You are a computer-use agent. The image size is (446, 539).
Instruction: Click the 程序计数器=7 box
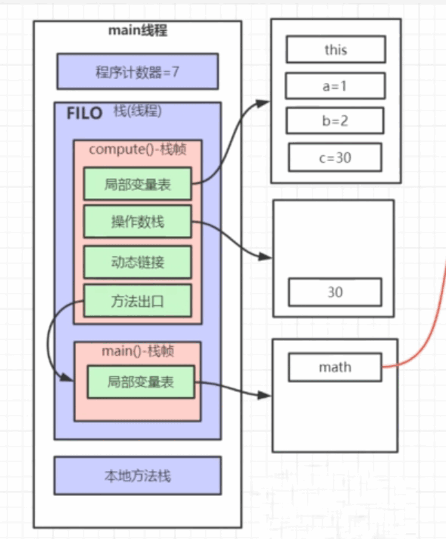(x=137, y=72)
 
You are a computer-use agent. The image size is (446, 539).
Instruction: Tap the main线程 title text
(x=138, y=30)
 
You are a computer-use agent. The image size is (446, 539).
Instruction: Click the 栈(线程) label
(x=138, y=112)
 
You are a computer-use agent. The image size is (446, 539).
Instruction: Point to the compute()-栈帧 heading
(x=137, y=149)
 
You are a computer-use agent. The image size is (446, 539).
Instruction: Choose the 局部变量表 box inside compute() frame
(x=138, y=184)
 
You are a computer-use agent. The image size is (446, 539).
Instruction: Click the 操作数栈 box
(x=138, y=223)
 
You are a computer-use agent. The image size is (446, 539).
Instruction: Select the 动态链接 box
(x=138, y=262)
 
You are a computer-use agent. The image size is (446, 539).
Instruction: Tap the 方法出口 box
(x=138, y=301)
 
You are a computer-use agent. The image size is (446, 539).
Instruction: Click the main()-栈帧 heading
(x=137, y=350)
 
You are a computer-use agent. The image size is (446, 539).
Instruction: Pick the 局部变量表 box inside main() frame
(x=141, y=382)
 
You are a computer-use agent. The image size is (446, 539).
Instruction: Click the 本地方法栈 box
(x=138, y=475)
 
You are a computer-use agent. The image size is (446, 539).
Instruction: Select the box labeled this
(x=336, y=50)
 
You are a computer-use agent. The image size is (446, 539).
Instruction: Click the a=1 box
(x=335, y=86)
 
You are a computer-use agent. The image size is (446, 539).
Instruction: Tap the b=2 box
(x=335, y=121)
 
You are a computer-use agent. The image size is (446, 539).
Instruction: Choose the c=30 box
(x=335, y=157)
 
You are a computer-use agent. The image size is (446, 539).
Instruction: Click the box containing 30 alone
(x=335, y=292)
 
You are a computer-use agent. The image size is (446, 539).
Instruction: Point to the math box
(x=335, y=367)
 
